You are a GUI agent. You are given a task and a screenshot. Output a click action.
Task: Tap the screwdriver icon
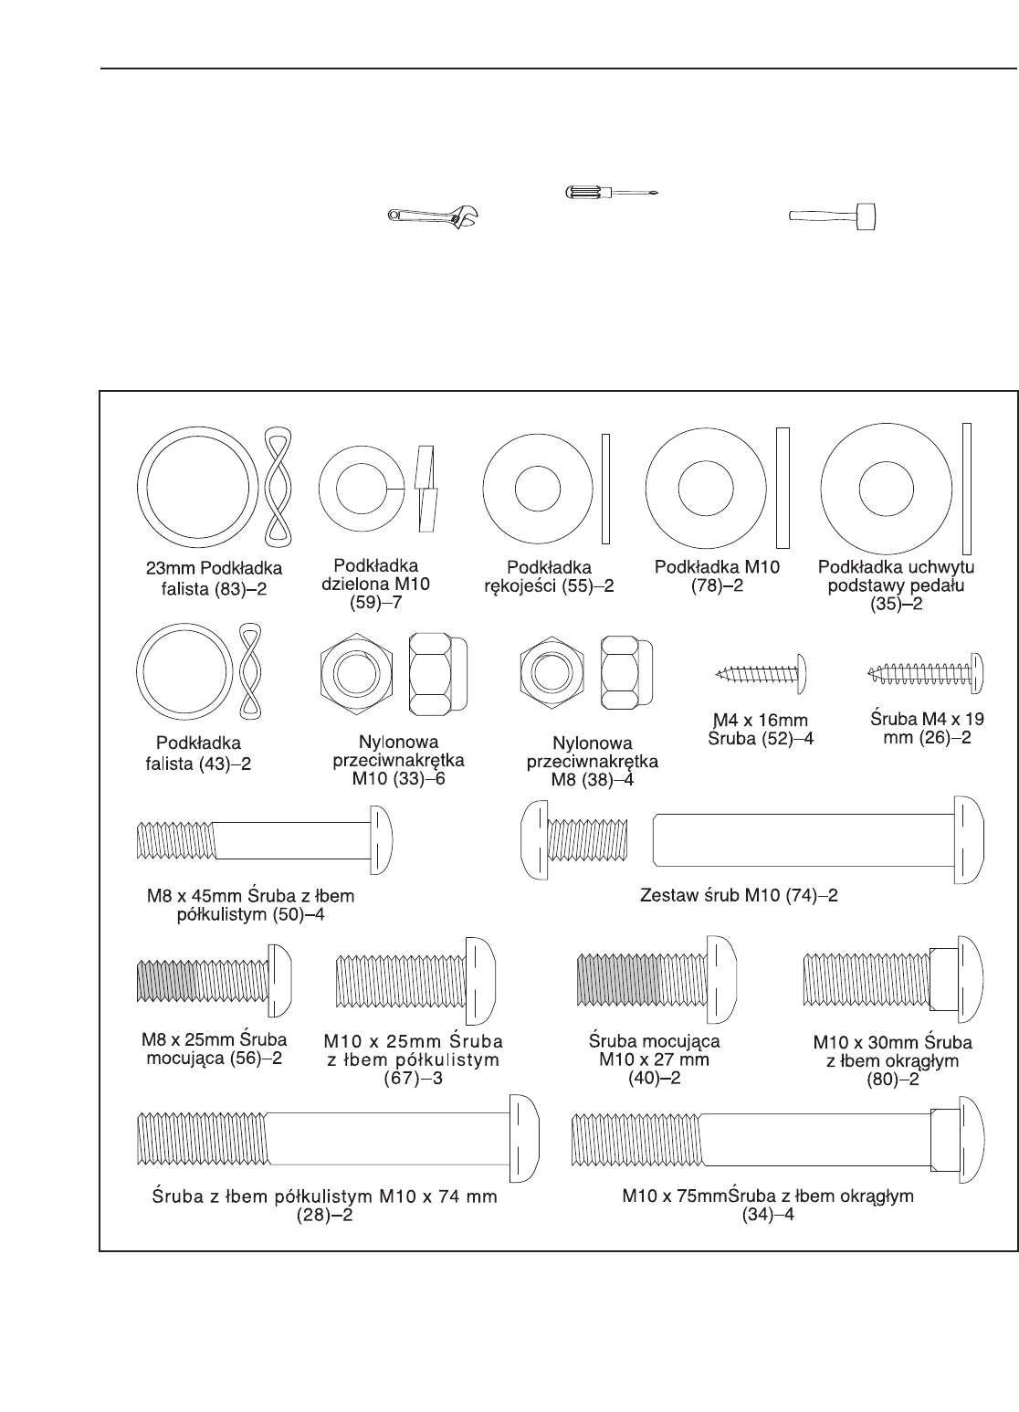(610, 192)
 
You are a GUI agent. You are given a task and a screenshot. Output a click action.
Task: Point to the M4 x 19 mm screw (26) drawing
(924, 672)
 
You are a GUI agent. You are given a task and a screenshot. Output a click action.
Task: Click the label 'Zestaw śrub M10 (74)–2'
(740, 895)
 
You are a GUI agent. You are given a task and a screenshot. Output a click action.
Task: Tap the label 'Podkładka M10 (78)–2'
(718, 575)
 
